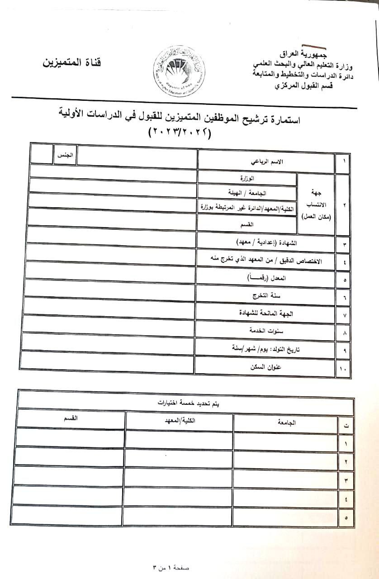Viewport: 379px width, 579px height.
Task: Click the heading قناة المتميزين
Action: pos(72,62)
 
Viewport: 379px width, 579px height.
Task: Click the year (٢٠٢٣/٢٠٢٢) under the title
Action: pos(180,133)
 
